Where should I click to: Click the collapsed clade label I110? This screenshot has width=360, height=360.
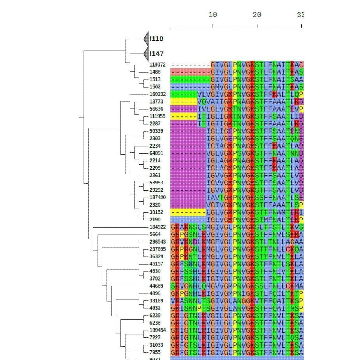(156, 39)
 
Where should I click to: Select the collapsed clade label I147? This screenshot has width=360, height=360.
(156, 53)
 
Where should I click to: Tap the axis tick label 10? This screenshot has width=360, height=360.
(212, 15)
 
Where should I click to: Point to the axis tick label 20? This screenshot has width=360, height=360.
(257, 15)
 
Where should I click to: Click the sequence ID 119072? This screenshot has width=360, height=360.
(158, 65)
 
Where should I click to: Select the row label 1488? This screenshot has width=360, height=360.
(155, 72)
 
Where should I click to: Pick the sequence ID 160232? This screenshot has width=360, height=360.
(158, 94)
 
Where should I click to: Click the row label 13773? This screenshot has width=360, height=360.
(156, 102)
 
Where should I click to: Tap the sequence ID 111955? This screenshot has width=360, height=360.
(158, 116)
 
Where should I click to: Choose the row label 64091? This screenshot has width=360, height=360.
(156, 153)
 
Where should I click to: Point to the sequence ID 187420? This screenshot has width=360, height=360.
(158, 198)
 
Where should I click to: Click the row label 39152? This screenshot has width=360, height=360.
(156, 212)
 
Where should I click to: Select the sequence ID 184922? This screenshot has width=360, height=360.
(158, 227)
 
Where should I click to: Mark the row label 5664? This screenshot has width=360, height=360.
(155, 235)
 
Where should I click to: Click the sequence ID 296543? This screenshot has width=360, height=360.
(158, 242)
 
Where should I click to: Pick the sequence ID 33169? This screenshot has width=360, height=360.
(156, 301)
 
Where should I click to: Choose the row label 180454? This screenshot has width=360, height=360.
(158, 330)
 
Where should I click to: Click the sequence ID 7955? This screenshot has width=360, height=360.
(155, 353)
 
